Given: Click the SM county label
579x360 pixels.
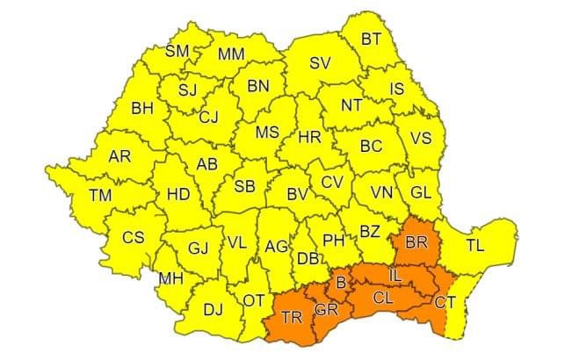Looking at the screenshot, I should [x=177, y=51].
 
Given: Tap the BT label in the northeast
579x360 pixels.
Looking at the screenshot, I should [x=372, y=39].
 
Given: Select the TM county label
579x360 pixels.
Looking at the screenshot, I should [x=100, y=195].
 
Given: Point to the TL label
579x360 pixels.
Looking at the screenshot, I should [x=475, y=246].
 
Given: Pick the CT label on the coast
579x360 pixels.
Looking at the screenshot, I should [x=445, y=303].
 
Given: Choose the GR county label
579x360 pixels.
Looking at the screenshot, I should [x=326, y=310].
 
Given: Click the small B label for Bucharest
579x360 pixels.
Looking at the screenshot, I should [x=341, y=283].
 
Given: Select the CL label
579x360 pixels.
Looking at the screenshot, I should [x=383, y=298].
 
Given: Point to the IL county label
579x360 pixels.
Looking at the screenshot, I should [x=395, y=277].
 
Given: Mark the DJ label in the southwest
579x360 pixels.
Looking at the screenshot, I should [x=213, y=309].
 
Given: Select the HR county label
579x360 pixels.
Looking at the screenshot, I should [x=309, y=137].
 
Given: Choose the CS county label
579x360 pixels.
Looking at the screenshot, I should [x=133, y=237].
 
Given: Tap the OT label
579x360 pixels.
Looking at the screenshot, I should [x=253, y=300].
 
